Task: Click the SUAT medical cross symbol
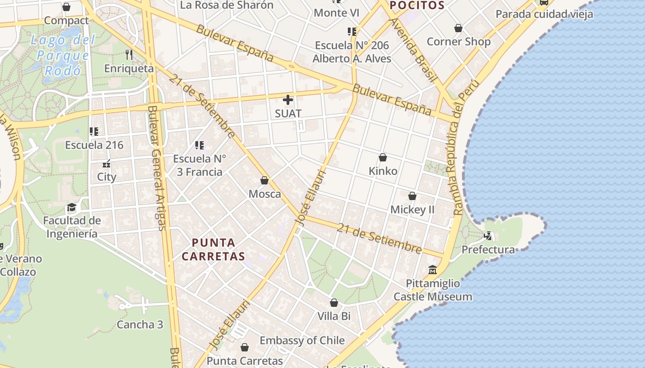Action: tap(288, 100)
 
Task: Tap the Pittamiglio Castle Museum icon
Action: tap(433, 270)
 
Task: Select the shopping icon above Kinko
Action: tap(382, 157)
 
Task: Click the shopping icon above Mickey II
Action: tap(412, 196)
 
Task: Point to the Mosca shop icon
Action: tap(264, 180)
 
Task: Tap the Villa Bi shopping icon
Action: tap(334, 303)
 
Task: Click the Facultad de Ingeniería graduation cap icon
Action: tap(71, 207)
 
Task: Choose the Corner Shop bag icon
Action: tap(458, 29)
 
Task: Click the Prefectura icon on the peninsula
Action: tap(488, 236)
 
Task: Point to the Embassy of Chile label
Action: tap(302, 340)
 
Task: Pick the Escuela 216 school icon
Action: tap(94, 132)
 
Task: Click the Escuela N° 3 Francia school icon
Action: tap(199, 145)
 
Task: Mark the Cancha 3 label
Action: tap(140, 324)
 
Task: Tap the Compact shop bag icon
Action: tap(66, 7)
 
